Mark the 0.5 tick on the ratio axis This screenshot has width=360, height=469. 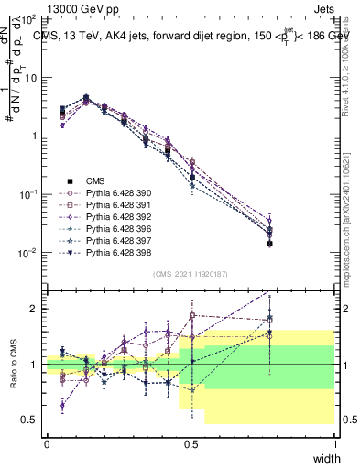point(32,420)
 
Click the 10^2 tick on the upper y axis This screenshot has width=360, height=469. point(29,19)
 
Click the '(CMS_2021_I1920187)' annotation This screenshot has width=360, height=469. point(190,274)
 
